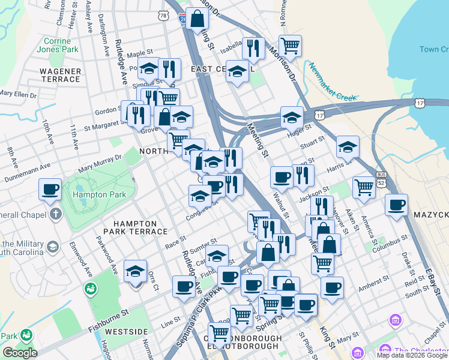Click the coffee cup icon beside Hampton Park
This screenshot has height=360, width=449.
point(50,190)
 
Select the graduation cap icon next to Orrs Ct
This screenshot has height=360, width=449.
point(136,271)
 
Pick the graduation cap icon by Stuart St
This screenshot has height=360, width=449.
point(348,146)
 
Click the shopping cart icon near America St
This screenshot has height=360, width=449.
point(364,187)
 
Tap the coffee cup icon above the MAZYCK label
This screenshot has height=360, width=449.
point(396,205)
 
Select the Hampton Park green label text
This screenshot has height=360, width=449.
point(99,194)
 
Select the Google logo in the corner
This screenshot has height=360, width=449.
point(20,352)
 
